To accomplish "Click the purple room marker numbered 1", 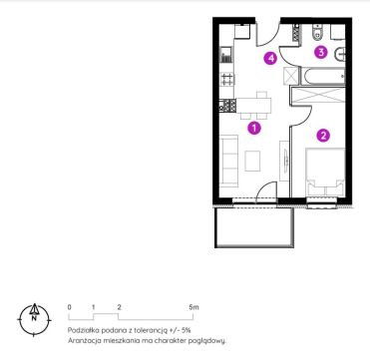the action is [x=254, y=128].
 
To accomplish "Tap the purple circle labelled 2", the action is [x=323, y=135].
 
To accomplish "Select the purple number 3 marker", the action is [x=321, y=52].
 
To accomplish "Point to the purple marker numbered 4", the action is [x=270, y=59].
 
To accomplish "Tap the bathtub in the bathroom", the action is [x=322, y=76].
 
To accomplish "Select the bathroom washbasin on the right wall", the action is [x=341, y=55].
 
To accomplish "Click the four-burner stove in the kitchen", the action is [x=227, y=79].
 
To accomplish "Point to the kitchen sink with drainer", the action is [x=226, y=56].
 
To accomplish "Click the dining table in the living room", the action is [x=253, y=106].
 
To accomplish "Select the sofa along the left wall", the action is [x=228, y=161].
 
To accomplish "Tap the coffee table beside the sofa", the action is [x=252, y=161].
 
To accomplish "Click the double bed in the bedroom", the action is [x=325, y=173].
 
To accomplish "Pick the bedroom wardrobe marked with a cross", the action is [x=318, y=96].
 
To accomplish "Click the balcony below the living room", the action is [x=254, y=227].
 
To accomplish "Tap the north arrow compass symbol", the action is [x=34, y=320].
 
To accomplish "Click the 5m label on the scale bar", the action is [x=193, y=307].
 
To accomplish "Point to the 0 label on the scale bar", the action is [x=69, y=307].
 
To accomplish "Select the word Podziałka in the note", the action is [x=81, y=330].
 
